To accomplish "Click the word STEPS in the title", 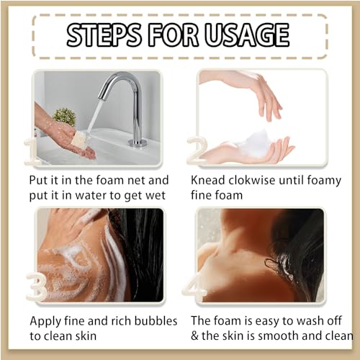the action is click(x=104, y=35).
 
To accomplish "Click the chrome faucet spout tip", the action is click(x=102, y=96).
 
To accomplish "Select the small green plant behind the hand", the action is click(x=64, y=117).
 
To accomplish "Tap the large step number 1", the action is click(x=31, y=152).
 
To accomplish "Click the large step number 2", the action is click(x=197, y=150).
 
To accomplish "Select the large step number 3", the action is click(x=36, y=286).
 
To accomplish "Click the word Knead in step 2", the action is click(x=208, y=180).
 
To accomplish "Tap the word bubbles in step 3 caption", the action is click(x=156, y=321).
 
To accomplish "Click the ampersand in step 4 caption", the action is click(x=194, y=336).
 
